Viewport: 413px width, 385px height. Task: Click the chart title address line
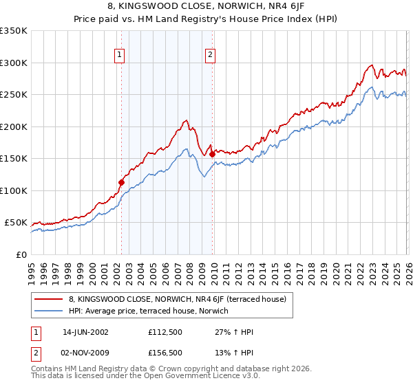[x=206, y=8]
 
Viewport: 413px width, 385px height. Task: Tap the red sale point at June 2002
[x=121, y=183]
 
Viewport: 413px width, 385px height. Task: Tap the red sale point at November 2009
[x=211, y=154]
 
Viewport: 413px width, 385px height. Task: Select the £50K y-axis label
[x=16, y=223]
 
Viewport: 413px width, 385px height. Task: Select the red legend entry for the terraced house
[x=181, y=299]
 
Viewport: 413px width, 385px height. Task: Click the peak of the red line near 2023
[x=371, y=66]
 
